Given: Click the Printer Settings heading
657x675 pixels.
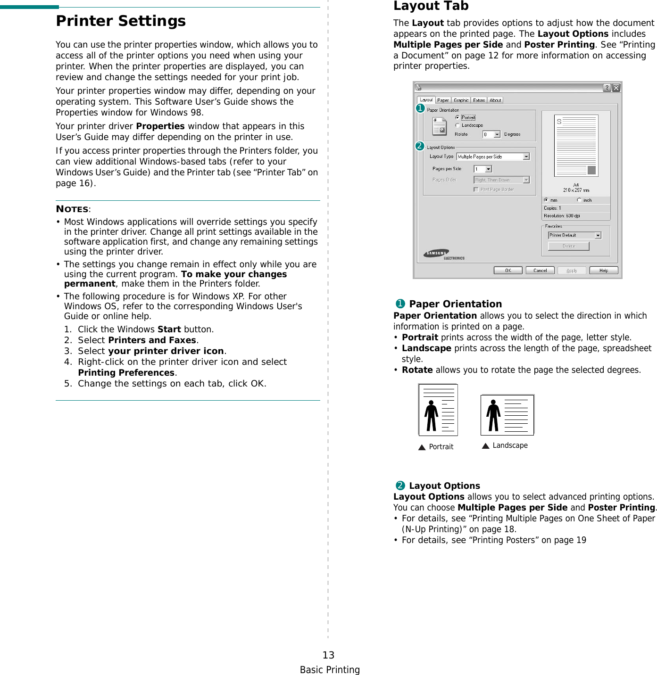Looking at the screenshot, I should pos(121,21).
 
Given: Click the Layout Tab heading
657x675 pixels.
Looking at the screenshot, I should pos(431,6).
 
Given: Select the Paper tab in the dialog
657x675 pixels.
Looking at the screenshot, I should pos(443,100).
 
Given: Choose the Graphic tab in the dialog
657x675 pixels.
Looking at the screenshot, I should pos(461,100).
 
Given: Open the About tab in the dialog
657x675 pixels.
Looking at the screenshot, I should pos(495,100).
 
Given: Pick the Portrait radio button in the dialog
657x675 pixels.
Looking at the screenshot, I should pos(457,117).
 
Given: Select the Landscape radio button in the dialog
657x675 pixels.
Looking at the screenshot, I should pos(457,125).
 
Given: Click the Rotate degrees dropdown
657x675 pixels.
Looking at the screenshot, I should pos(491,134).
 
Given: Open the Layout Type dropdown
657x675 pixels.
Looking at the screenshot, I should pos(493,156).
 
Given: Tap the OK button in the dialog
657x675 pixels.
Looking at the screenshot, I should pos(508,271).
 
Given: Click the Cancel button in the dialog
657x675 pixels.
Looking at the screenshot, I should pos(540,271).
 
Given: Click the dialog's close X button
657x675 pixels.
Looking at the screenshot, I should pos(616,88).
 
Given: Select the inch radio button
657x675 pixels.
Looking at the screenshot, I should pos(579,200).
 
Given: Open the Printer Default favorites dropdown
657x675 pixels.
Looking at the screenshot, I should pos(574,235).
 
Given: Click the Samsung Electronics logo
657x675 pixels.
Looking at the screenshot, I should pos(443,255).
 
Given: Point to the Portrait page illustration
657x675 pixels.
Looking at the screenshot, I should pos(438,410).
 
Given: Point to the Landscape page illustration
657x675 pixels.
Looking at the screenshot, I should pos(507,415).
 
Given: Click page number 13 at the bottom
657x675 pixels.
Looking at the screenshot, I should pos(328,655).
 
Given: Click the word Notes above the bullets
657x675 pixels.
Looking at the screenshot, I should pos(72,209).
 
